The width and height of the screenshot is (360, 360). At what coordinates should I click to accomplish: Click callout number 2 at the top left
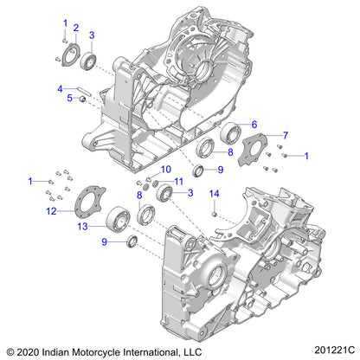click(75, 29)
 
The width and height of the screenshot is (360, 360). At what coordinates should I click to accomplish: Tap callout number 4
click(60, 88)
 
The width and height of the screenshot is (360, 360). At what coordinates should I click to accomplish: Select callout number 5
click(70, 98)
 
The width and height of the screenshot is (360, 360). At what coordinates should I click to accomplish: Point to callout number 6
click(254, 124)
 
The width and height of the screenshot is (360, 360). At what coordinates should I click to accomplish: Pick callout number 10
click(167, 170)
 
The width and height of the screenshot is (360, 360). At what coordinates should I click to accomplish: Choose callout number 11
click(179, 181)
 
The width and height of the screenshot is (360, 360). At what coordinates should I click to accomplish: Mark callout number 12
click(51, 210)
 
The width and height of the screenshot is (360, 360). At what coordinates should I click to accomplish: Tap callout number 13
click(83, 227)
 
